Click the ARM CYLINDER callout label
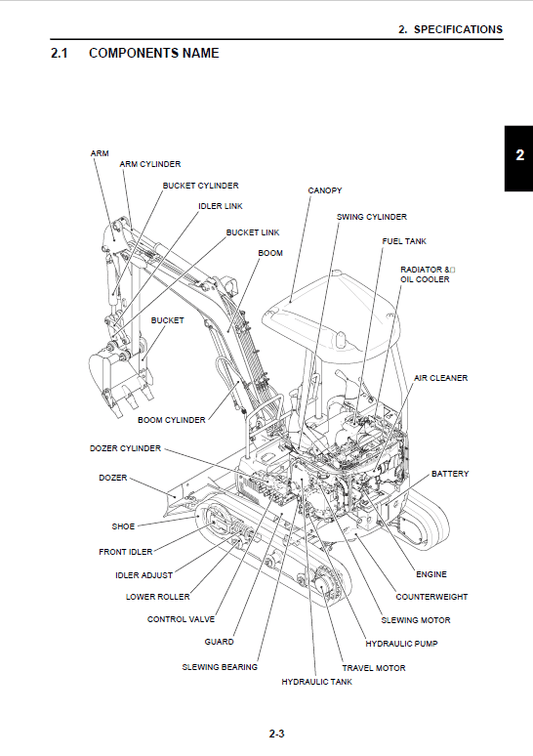(150, 163)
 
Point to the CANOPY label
(325, 189)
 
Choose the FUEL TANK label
(404, 241)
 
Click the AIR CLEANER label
(441, 378)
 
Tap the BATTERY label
(449, 474)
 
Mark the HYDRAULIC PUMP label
(401, 643)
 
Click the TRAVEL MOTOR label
(373, 668)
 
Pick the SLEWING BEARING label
(219, 667)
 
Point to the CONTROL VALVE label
(181, 619)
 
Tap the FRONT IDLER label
(125, 551)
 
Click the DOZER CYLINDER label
(125, 448)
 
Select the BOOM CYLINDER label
(171, 420)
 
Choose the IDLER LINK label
(220, 206)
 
